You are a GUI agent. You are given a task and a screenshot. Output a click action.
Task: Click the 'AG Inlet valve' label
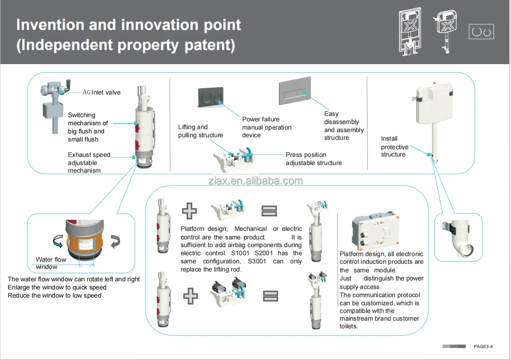(x=101, y=93)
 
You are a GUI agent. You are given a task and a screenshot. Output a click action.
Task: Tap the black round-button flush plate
(x=211, y=97)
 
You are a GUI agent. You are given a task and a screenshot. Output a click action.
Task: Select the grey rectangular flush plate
(x=295, y=91)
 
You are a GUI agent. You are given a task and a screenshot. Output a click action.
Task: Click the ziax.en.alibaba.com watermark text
(x=255, y=181)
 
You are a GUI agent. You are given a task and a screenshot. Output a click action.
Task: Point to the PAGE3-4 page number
(x=483, y=346)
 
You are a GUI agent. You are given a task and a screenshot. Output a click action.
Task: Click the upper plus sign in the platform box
(x=189, y=211)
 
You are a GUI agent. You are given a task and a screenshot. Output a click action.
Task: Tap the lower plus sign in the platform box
(x=190, y=296)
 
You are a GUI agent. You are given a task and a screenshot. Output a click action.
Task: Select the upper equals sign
(x=269, y=211)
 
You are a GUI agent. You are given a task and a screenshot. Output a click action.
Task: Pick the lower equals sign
(x=270, y=296)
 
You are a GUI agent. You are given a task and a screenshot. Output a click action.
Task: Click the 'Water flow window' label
(x=51, y=263)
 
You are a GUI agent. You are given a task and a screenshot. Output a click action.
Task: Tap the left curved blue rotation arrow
(x=58, y=241)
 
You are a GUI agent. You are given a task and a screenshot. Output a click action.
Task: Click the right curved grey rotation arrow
(x=115, y=242)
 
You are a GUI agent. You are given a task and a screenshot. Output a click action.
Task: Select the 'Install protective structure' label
(x=395, y=146)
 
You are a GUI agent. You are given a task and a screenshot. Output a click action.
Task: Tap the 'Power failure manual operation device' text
(x=267, y=127)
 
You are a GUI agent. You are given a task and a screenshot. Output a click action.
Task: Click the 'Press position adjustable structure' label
(x=314, y=159)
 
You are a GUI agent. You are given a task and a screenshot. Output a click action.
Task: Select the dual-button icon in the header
(x=481, y=32)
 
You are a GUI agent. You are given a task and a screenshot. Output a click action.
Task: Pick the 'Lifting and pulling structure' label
(x=200, y=131)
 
